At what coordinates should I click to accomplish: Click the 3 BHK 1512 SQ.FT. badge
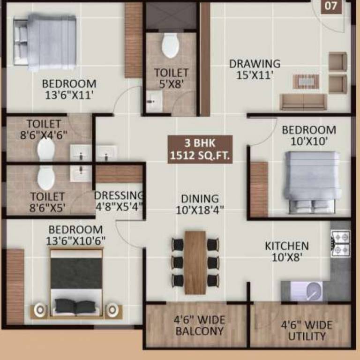pyautogui.click(x=200, y=150)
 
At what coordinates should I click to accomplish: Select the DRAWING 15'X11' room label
pyautogui.click(x=255, y=69)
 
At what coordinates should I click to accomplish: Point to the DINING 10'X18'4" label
pyautogui.click(x=200, y=204)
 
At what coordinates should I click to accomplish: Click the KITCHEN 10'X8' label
pyautogui.click(x=287, y=251)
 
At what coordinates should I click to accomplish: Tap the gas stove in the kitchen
pyautogui.click(x=341, y=243)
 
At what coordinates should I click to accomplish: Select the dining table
pyautogui.click(x=195, y=262)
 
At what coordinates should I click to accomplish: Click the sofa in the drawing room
pyautogui.click(x=303, y=101)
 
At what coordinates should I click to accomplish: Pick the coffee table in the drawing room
pyautogui.click(x=306, y=81)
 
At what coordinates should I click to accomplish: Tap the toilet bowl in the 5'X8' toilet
pyautogui.click(x=170, y=46)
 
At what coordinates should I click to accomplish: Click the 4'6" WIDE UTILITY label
pyautogui.click(x=307, y=330)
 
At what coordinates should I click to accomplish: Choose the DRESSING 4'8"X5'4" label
pyautogui.click(x=119, y=200)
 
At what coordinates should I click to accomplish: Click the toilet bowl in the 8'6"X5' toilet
pyautogui.click(x=46, y=178)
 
